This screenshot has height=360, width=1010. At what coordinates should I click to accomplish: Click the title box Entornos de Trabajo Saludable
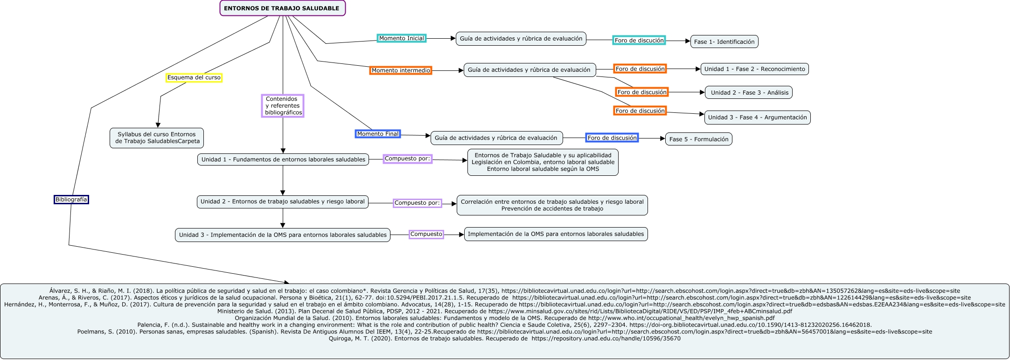pos(282,8)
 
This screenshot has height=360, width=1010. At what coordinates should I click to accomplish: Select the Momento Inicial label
pos(401,38)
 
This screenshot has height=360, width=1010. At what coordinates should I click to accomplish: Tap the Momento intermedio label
pos(401,70)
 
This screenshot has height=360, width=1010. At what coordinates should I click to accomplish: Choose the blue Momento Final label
pos(377,134)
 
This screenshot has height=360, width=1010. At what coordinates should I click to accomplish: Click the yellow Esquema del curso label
pos(194,77)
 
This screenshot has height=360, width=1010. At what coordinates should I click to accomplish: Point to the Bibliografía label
pos(71,200)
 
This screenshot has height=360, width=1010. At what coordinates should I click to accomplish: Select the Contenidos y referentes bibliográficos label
pos(283,106)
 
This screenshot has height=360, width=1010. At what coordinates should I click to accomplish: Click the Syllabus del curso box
pos(157,138)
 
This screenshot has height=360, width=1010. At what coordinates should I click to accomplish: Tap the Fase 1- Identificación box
pos(724,42)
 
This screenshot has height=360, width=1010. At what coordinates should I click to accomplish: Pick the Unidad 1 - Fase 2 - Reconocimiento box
pos(754,69)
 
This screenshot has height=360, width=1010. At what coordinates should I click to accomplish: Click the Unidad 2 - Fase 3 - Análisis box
pos(749,92)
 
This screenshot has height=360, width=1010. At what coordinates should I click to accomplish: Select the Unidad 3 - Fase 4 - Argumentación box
pos(757,118)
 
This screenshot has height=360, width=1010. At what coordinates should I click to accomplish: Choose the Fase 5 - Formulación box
pos(698,139)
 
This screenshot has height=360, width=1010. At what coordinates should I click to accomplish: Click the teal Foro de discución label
pos(639,41)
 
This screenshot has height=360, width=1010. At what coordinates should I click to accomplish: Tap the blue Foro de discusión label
pos(612,138)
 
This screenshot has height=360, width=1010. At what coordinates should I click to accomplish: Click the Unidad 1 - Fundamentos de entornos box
pos(283,159)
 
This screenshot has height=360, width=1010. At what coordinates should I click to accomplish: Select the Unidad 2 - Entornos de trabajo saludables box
pos(282,202)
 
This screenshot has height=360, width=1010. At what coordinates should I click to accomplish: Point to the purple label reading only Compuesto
pos(426,234)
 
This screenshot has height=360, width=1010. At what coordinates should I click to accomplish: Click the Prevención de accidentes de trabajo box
pos(552,208)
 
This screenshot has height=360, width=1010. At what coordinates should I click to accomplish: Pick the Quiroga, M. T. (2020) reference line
pos(504,339)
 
